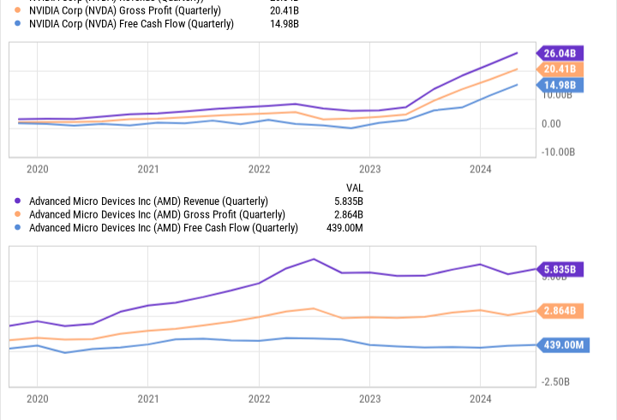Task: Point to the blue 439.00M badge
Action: pos(562,345)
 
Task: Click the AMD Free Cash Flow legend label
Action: pos(164,228)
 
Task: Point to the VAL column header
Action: pos(354,187)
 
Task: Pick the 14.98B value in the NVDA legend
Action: pos(285,24)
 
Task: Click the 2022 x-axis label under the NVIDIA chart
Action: pos(259,169)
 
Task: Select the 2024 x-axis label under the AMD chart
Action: pos(480,399)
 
